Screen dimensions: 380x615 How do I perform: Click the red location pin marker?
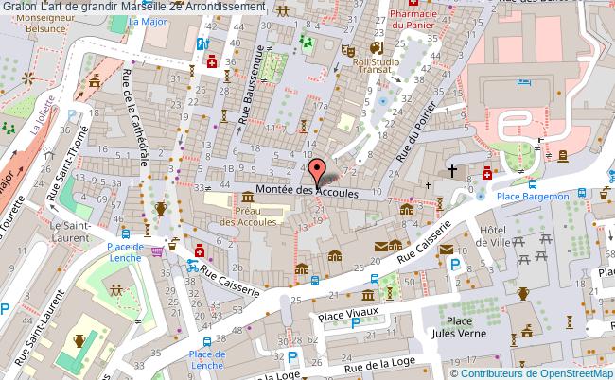(316, 173)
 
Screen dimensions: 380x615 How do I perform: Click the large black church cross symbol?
(453, 171)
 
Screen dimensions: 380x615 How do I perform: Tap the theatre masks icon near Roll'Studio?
(347, 50)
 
